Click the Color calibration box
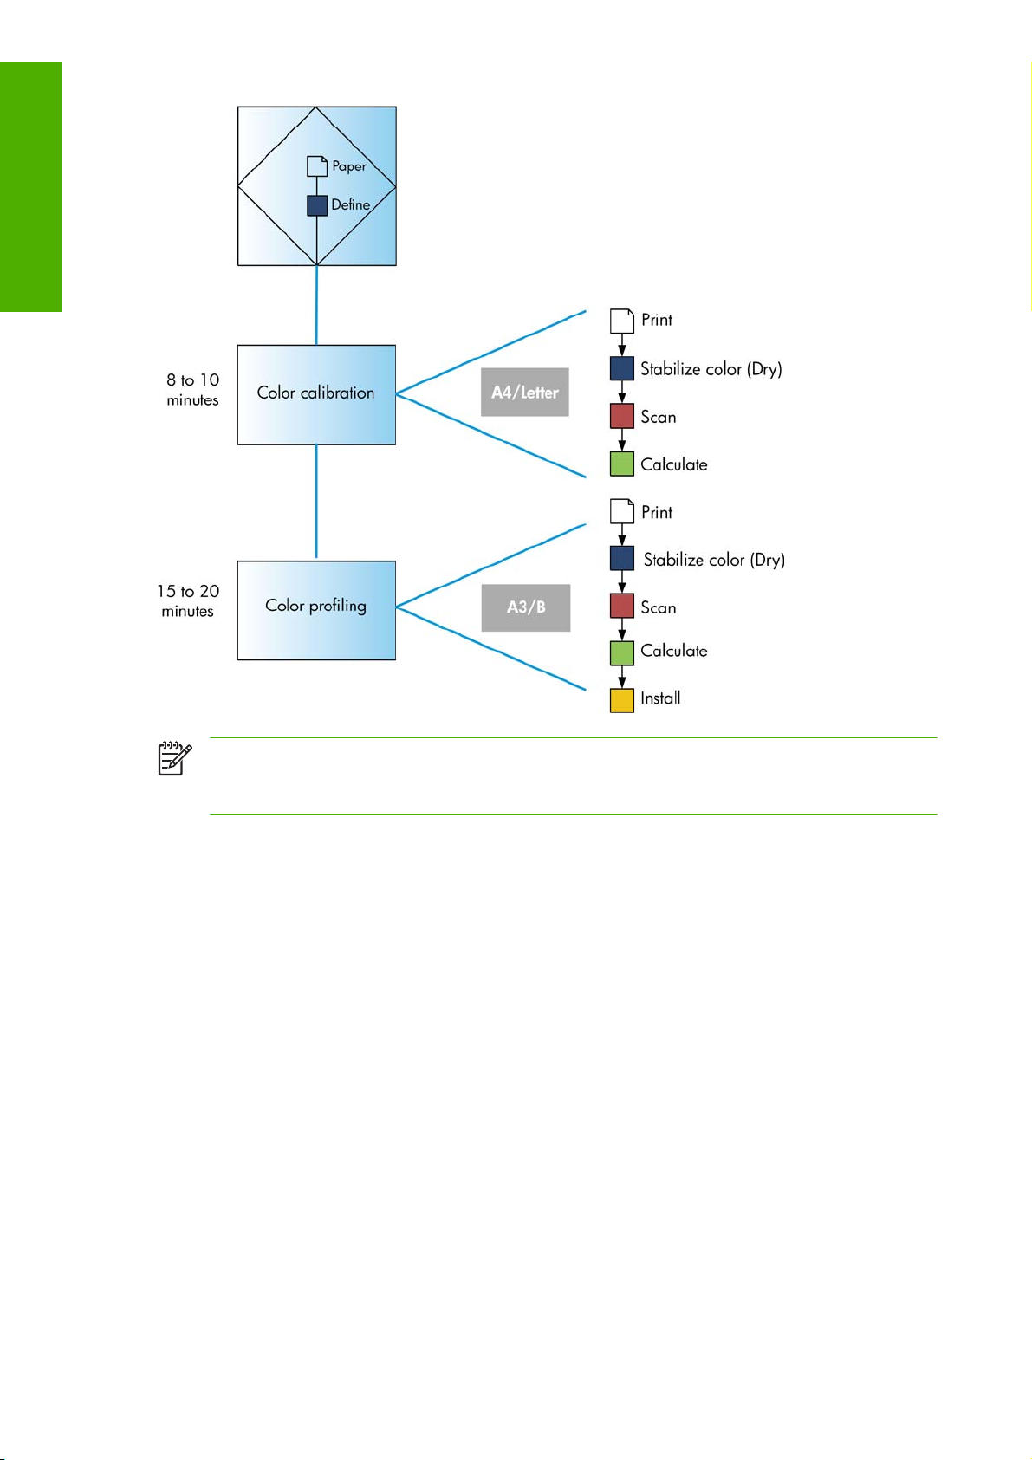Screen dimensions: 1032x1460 coord(316,394)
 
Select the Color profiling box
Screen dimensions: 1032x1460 coord(316,610)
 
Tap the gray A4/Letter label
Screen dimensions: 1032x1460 coord(525,392)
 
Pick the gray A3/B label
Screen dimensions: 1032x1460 coord(525,607)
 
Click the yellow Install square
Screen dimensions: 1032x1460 coord(622,701)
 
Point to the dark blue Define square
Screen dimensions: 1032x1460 coord(317,205)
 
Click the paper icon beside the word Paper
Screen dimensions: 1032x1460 coord(317,166)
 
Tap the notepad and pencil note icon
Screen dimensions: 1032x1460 coord(175,758)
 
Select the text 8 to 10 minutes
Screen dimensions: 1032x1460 coord(192,390)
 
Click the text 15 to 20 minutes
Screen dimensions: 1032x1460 coord(188,601)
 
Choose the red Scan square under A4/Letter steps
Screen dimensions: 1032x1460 coord(622,416)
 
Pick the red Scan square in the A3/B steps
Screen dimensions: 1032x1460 coord(622,606)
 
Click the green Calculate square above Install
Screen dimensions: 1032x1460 coord(622,653)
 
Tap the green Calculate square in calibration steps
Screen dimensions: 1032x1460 coord(622,464)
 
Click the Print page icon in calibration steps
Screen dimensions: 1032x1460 coord(622,321)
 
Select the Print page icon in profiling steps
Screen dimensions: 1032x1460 coord(622,512)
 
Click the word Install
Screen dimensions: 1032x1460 coord(660,698)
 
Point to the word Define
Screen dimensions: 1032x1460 coord(351,204)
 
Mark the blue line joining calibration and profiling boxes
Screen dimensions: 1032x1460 coord(316,502)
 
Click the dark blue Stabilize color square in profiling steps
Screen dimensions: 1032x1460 coord(622,558)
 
